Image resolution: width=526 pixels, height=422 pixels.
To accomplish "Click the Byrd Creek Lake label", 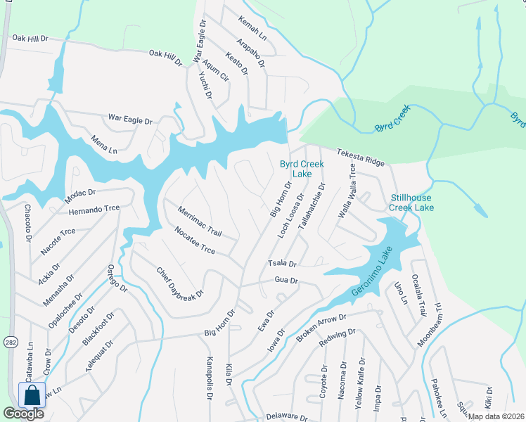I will [x=302, y=169].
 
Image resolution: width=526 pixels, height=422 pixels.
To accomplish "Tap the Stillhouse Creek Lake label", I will [x=412, y=203].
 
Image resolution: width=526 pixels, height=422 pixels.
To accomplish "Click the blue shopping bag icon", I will [x=32, y=395].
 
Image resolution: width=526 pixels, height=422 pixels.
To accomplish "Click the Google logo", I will [x=23, y=414].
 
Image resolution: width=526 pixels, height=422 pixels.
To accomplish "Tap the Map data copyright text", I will [x=495, y=416].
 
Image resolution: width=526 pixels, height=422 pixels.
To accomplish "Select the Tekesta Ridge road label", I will [x=360, y=157].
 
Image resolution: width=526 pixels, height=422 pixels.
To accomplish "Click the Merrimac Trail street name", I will [x=200, y=222].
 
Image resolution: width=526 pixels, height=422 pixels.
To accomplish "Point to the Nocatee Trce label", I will [x=195, y=240].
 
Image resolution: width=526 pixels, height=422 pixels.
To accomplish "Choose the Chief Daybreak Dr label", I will [x=179, y=282].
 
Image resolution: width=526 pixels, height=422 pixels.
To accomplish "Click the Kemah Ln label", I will [x=252, y=27].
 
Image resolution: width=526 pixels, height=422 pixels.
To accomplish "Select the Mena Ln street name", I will [x=103, y=146].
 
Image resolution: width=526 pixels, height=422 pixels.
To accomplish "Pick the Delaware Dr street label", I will [x=287, y=417].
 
